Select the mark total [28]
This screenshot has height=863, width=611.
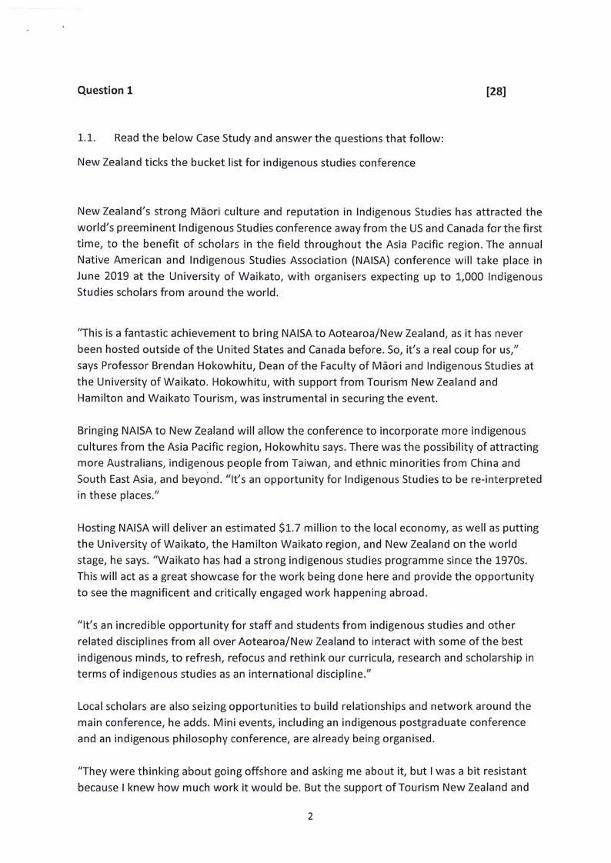coord(496,92)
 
